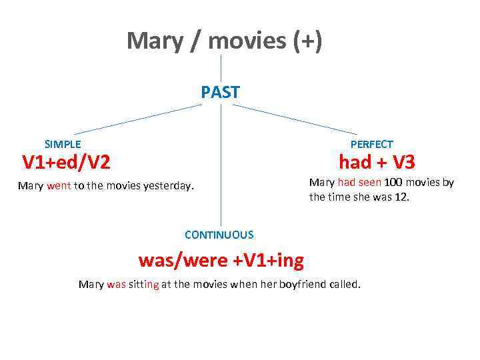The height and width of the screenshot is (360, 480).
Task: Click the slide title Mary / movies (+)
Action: point(224,41)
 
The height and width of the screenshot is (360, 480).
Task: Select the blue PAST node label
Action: point(221,92)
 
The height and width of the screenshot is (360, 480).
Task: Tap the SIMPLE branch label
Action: point(63,144)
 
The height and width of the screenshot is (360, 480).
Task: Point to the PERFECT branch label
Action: point(371,144)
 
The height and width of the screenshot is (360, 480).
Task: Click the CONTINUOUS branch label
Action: point(219,235)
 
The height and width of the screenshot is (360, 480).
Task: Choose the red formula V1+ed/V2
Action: point(66,162)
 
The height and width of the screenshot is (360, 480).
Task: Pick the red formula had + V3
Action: point(377,162)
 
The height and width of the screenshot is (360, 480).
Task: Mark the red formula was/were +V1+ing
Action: point(221,260)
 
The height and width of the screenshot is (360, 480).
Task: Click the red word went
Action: point(59,186)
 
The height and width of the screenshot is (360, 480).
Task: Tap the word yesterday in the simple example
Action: point(167,186)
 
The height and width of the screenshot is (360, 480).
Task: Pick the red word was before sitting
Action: point(116,285)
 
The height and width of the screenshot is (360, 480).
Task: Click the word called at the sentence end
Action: point(343,285)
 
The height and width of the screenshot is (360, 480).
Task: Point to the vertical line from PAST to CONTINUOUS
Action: point(221,167)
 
